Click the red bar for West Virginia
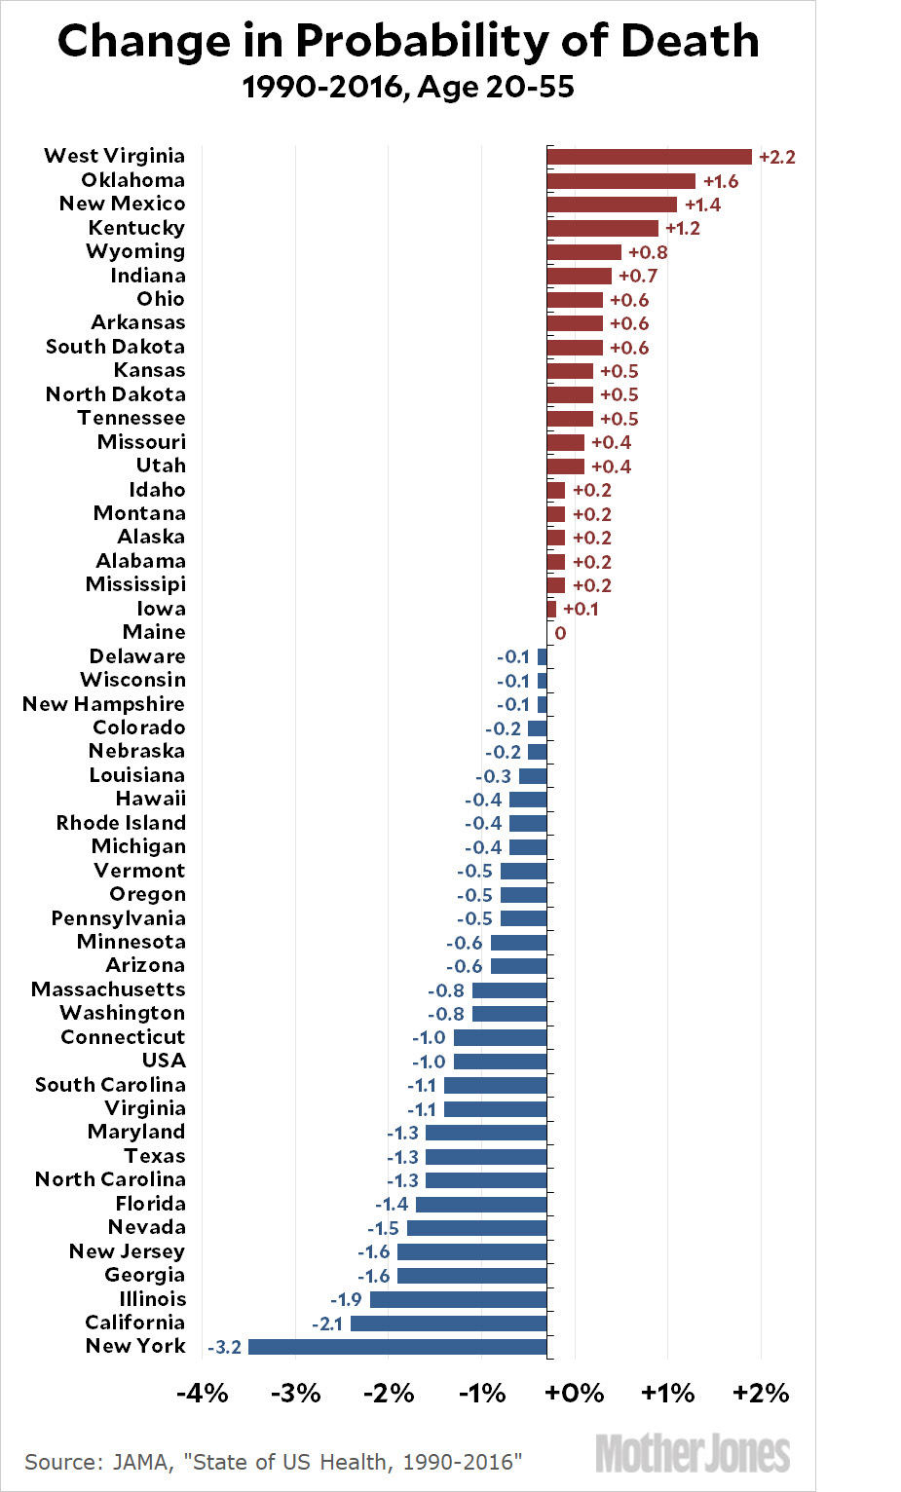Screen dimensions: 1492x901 coord(649,157)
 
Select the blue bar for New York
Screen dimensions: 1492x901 coord(397,1347)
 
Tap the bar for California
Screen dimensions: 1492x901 coord(448,1324)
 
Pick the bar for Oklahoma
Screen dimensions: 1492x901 coord(620,181)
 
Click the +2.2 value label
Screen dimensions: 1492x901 coord(776,158)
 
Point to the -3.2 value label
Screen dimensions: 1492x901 coord(225,1348)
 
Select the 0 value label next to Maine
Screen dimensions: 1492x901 coord(560,633)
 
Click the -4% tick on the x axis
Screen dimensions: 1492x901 coord(203,1394)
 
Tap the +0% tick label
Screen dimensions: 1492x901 coord(574,1394)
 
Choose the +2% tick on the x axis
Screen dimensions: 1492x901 coord(761,1394)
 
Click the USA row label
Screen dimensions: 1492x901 coord(164,1061)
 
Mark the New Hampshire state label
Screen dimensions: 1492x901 coord(103,704)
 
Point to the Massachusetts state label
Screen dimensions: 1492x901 coord(108,989)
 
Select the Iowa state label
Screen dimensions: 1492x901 coord(161,609)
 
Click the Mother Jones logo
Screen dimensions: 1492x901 coord(693,1454)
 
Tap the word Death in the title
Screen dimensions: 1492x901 coord(690,42)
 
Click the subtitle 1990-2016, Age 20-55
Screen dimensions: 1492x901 coord(408,88)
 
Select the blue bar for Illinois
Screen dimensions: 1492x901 coord(458,1299)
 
